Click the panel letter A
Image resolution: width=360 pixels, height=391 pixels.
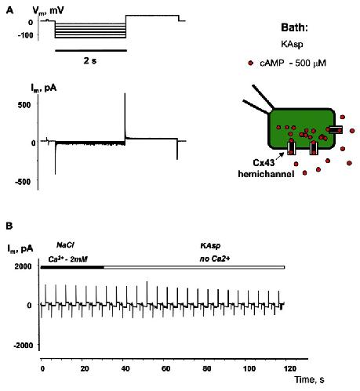(x=9, y=10)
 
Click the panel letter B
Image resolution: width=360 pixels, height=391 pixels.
(x=9, y=226)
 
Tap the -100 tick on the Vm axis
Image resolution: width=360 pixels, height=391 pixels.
(x=26, y=34)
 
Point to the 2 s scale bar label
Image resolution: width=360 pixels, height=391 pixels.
(x=89, y=61)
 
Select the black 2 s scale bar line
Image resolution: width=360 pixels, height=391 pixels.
(x=91, y=51)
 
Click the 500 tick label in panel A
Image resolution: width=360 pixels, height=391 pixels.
(x=24, y=104)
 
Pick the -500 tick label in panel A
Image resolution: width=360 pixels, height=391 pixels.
(x=23, y=182)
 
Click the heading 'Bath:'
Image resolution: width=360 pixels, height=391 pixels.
(x=294, y=27)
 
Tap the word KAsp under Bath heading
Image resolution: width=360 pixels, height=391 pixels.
(x=292, y=44)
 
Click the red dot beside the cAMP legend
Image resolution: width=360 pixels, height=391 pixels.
(x=251, y=63)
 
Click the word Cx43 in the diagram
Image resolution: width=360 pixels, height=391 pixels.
(x=264, y=163)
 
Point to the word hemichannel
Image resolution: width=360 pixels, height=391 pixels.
(x=266, y=174)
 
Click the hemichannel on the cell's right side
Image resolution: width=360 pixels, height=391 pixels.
(x=336, y=129)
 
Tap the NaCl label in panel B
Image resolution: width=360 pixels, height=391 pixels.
(x=65, y=245)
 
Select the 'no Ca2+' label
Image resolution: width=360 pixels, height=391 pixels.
(x=215, y=259)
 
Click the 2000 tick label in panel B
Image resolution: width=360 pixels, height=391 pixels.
(x=23, y=266)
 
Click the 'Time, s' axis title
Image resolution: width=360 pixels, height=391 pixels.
(x=309, y=379)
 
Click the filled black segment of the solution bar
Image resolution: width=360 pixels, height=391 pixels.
(x=72, y=267)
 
